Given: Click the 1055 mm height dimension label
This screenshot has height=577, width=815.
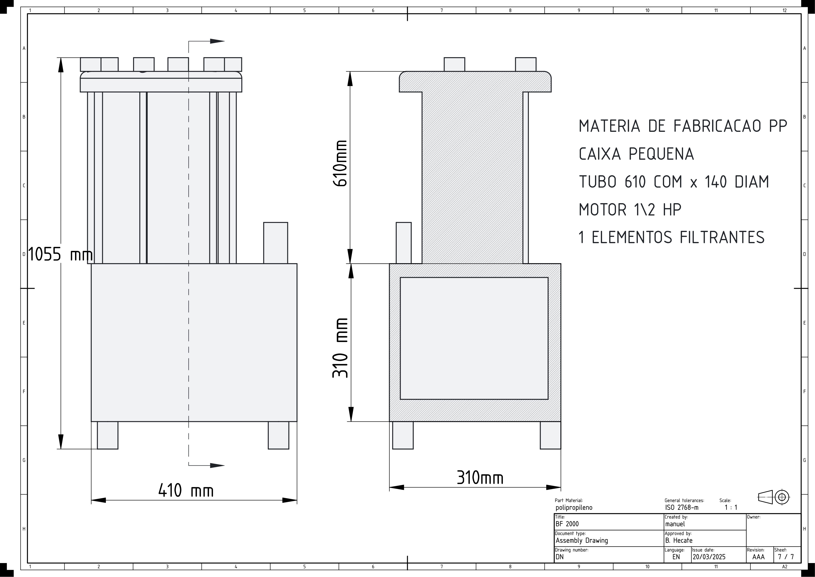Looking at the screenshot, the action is (60, 254).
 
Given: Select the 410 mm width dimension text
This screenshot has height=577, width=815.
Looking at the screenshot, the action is (186, 491).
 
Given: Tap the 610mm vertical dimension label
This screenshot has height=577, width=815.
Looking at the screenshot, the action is (340, 163).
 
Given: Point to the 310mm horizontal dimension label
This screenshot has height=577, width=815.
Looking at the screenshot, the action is (480, 478).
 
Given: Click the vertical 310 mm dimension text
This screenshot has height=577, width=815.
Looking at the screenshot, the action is (340, 348).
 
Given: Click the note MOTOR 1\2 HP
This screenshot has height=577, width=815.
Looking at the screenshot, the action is (630, 210).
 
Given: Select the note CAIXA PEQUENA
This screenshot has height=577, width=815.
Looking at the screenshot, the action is (636, 154).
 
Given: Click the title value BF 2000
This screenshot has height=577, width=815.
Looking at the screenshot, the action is (567, 524).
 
